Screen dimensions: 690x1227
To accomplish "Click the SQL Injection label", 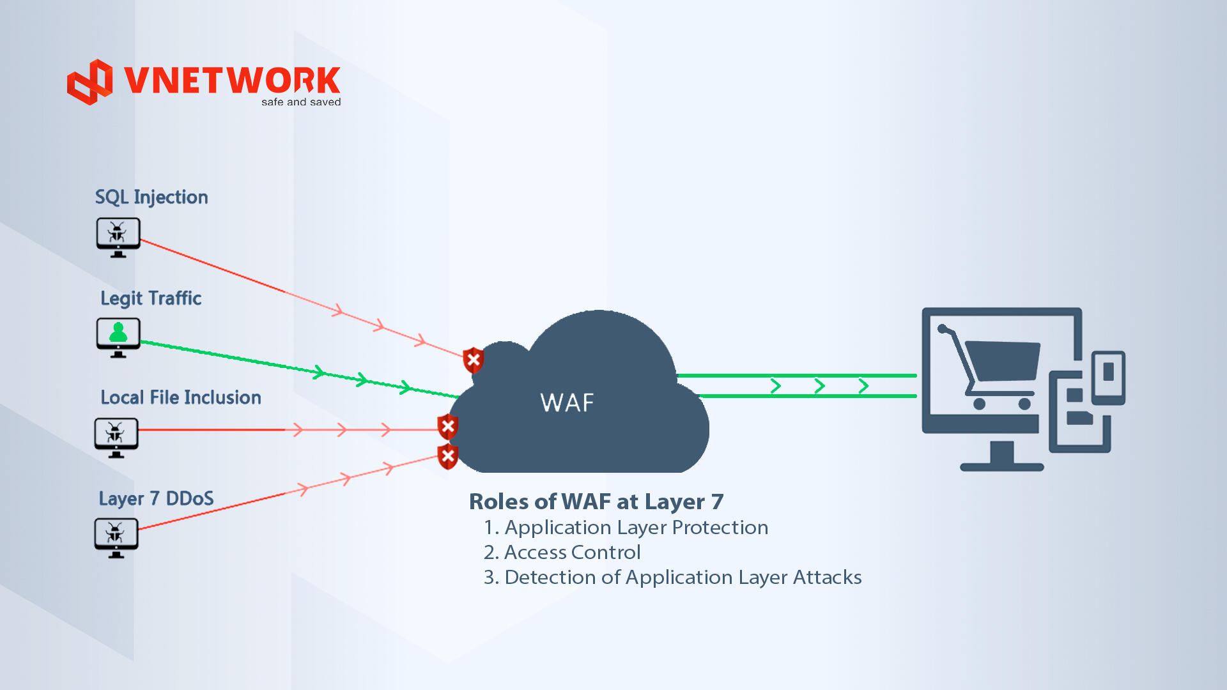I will pyautogui.click(x=151, y=197).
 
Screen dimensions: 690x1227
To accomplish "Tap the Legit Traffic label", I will pyautogui.click(x=151, y=298).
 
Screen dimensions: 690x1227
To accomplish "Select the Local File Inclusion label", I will pyautogui.click(x=181, y=397).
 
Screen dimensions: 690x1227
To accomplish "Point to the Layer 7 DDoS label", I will pyautogui.click(x=156, y=498).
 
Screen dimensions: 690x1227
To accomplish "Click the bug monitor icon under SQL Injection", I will pyautogui.click(x=118, y=237).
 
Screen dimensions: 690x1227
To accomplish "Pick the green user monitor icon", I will pyautogui.click(x=118, y=337).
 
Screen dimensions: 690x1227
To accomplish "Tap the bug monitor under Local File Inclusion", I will pyautogui.click(x=116, y=437).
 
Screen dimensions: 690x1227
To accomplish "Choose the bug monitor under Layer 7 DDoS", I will pyautogui.click(x=116, y=537).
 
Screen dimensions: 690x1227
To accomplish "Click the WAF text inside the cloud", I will pyautogui.click(x=567, y=403).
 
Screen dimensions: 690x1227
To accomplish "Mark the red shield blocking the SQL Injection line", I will pyautogui.click(x=474, y=360).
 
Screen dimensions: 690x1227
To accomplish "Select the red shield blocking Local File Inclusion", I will pyautogui.click(x=448, y=427).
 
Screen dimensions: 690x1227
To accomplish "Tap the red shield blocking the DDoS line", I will pyautogui.click(x=448, y=456).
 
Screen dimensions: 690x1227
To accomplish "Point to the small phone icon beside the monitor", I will pyautogui.click(x=1108, y=377).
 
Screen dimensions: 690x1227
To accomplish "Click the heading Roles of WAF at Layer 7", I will pyautogui.click(x=596, y=502).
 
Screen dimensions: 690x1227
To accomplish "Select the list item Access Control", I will pyautogui.click(x=562, y=552).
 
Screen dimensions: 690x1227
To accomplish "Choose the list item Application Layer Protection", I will pyautogui.click(x=626, y=527).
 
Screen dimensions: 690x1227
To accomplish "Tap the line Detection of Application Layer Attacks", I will pyautogui.click(x=672, y=577).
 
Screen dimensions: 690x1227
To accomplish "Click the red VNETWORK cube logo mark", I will pyautogui.click(x=90, y=82).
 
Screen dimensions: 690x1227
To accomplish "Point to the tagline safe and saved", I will pyautogui.click(x=301, y=102).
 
